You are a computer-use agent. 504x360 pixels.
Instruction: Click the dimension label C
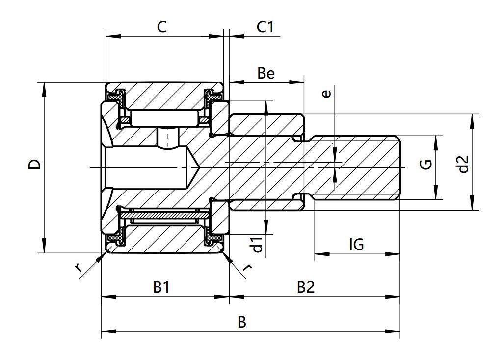pos(161,27)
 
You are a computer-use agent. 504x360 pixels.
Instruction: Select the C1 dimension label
pos(265,27)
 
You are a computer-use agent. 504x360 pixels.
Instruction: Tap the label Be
pos(266,73)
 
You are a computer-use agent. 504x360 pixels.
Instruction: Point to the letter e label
pos(327,93)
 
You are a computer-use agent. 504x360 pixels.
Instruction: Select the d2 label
pos(462,165)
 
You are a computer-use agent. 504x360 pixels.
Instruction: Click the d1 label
pos(256,244)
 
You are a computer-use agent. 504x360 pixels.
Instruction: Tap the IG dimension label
pos(356,244)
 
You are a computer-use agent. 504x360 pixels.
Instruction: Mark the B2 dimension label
pos(305,287)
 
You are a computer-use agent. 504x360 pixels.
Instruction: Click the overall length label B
pos(241,322)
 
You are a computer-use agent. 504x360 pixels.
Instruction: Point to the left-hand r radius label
pos(79,268)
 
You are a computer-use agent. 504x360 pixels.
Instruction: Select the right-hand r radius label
pos(248,268)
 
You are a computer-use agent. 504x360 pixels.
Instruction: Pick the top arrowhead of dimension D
pos(44,86)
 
